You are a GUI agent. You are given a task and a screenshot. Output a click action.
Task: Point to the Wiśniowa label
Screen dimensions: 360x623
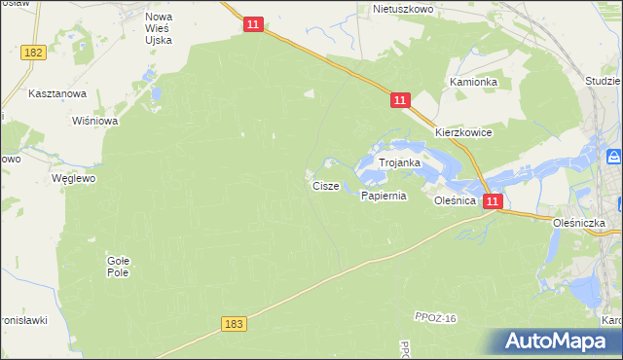(95, 122)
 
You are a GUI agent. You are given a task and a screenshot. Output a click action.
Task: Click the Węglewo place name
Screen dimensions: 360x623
(73, 179)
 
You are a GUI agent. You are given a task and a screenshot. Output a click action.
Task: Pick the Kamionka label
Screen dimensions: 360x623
(473, 83)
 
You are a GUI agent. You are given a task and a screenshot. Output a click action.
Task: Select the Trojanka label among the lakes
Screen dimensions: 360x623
(399, 163)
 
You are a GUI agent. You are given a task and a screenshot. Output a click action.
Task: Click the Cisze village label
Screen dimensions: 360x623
(325, 185)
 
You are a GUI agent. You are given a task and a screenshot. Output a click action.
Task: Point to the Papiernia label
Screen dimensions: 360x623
(383, 196)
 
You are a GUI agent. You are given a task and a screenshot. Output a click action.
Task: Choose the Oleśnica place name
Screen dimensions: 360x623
(455, 199)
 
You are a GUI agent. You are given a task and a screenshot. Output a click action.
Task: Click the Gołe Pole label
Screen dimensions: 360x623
(118, 267)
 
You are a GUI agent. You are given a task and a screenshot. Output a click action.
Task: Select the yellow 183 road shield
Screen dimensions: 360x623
(234, 324)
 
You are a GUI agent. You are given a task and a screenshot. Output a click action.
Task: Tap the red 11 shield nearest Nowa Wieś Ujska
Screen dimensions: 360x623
(253, 24)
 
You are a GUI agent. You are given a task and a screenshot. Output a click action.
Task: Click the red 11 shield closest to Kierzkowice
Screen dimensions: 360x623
(400, 100)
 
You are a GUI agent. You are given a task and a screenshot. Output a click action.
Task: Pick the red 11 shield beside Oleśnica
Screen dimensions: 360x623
(493, 201)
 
